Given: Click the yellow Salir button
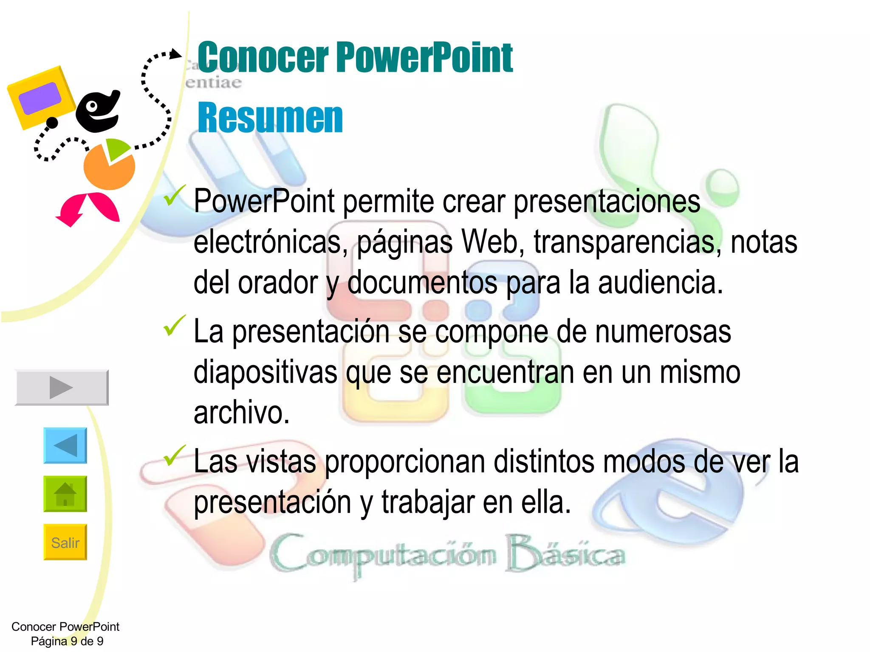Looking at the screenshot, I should point(65,542).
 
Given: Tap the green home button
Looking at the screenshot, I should point(65,494).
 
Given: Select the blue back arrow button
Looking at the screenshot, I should point(65,445).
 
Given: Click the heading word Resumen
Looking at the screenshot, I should point(270,118).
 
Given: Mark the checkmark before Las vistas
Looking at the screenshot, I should point(174,455).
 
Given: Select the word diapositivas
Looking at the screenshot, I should point(266,372).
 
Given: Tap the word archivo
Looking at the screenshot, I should point(241,413).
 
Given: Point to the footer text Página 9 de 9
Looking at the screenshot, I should point(67,641).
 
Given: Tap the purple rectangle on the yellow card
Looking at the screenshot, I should point(40,98).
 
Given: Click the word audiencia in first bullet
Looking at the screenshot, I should point(660,283).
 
